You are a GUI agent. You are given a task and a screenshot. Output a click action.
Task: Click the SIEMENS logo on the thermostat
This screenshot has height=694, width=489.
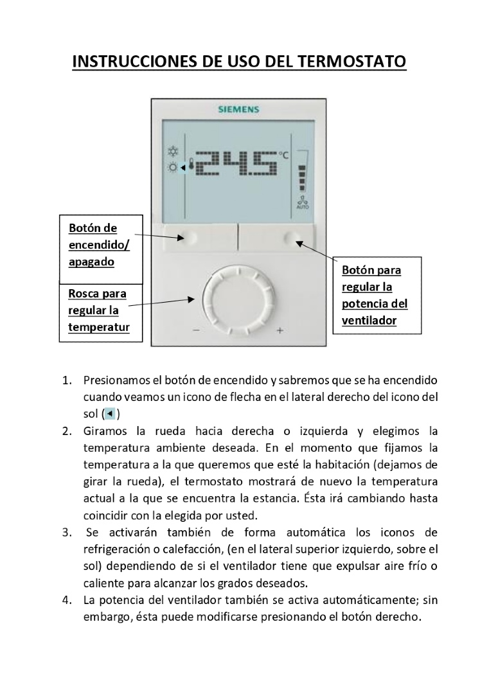238,109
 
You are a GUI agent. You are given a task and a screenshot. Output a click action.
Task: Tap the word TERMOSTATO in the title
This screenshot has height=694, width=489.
351,61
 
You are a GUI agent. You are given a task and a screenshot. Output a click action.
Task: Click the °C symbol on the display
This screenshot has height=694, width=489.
283,155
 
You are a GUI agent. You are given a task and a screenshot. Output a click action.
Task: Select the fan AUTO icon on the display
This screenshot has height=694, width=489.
303,202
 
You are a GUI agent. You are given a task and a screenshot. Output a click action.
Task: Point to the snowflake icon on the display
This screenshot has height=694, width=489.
173,152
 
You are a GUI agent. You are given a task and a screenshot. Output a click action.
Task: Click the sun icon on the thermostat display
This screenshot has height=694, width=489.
173,168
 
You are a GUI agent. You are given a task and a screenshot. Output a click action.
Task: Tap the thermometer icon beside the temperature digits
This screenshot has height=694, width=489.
191,165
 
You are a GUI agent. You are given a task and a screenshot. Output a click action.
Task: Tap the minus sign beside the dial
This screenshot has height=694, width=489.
196,330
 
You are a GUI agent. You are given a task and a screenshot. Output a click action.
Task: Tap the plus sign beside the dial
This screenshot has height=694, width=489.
280,330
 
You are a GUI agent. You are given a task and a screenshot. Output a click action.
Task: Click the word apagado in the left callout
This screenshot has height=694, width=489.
92,262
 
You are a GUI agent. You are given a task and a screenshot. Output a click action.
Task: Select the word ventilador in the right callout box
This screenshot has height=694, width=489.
369,321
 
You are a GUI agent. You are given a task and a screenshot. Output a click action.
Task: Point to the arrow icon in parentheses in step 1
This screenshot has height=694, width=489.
110,414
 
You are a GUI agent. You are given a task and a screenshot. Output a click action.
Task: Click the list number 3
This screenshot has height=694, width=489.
67,533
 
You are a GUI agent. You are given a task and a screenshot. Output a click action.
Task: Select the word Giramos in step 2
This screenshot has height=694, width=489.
105,431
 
